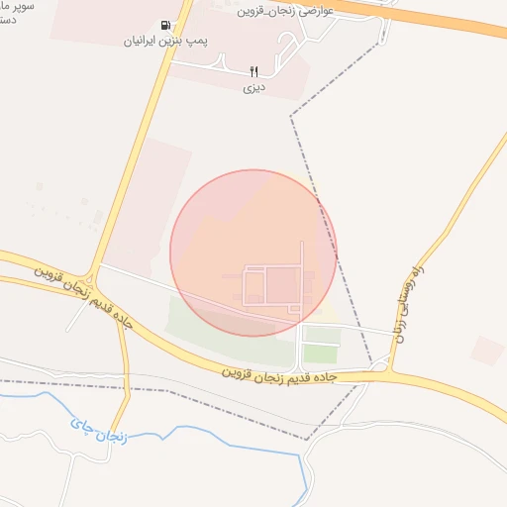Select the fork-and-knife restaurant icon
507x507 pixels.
(253, 71)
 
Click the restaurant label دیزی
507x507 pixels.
(253, 87)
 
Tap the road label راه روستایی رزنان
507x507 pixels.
(412, 302)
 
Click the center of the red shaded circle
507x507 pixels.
(253, 253)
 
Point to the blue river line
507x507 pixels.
(198, 432)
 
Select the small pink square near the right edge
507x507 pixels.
(487, 350)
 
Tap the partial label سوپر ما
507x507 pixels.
(18, 6)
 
